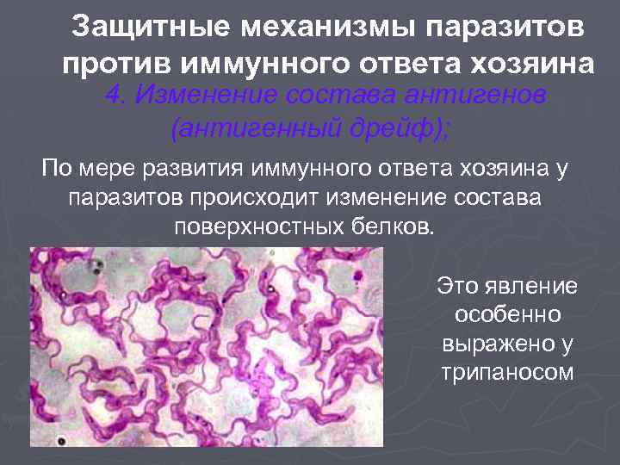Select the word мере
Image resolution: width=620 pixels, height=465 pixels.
(102, 168)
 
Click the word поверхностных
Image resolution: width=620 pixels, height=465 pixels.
(254, 228)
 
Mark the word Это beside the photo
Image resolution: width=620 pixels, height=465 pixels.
(461, 284)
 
